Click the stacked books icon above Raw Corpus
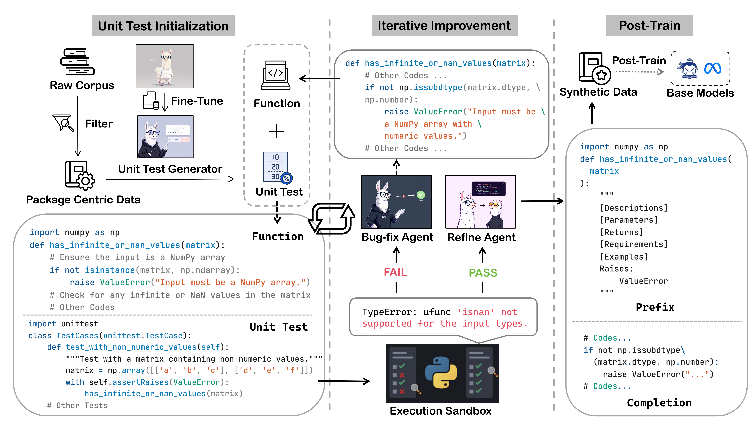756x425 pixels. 77,62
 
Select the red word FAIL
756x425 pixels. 396,273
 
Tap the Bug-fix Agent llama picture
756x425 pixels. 396,202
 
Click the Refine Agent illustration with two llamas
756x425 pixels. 480,202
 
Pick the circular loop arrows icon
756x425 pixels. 332,219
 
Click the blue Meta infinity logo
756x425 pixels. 713,69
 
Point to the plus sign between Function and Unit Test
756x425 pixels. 276,131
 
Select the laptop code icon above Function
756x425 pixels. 275,75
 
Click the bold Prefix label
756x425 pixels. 655,307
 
